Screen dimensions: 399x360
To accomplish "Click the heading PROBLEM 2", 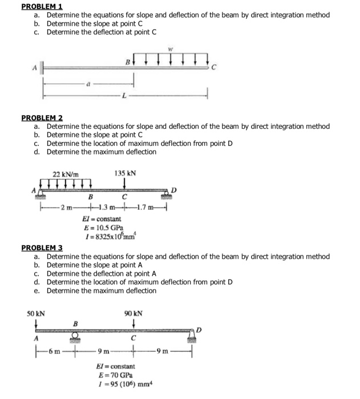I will tap(42, 118).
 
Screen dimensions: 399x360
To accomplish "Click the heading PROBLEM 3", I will tap(42, 248).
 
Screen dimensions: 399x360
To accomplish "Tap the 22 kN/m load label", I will tap(66, 173).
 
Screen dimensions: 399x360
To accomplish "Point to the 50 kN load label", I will tap(37, 313).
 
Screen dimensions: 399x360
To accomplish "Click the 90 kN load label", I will tap(133, 313).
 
